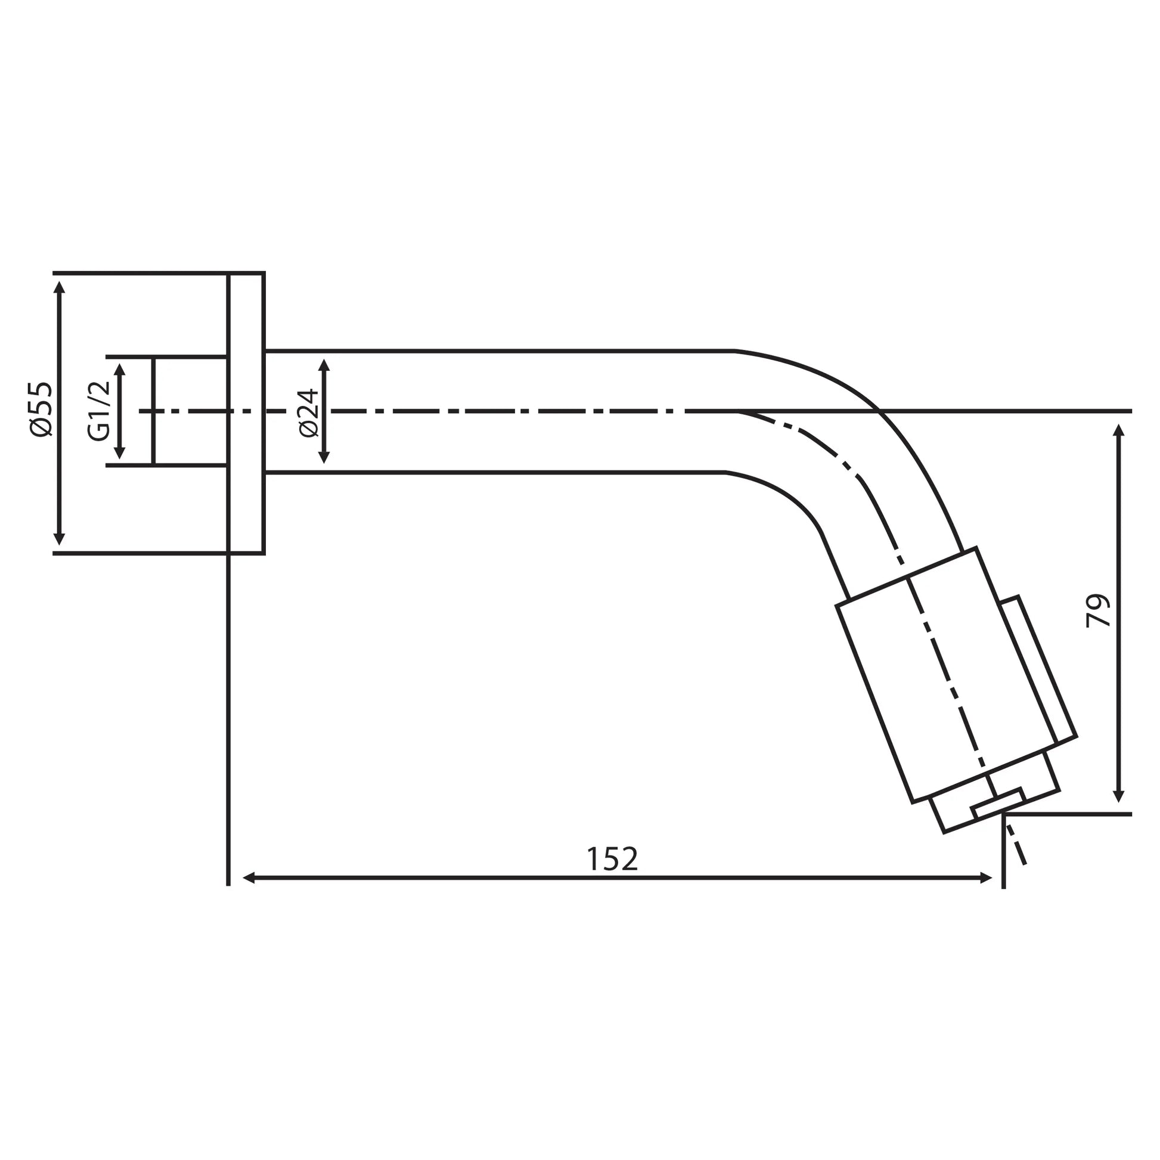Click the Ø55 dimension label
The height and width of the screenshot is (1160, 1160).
[x=42, y=410]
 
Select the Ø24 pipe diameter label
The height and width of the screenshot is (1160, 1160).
[x=308, y=412]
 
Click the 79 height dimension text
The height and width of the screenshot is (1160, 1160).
[x=1098, y=611]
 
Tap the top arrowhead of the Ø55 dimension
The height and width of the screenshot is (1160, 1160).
[x=59, y=286]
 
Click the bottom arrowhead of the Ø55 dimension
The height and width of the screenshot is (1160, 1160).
[x=59, y=539]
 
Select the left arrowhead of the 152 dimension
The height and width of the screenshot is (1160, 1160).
[x=250, y=878]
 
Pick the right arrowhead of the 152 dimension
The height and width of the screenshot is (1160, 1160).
[x=985, y=878]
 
